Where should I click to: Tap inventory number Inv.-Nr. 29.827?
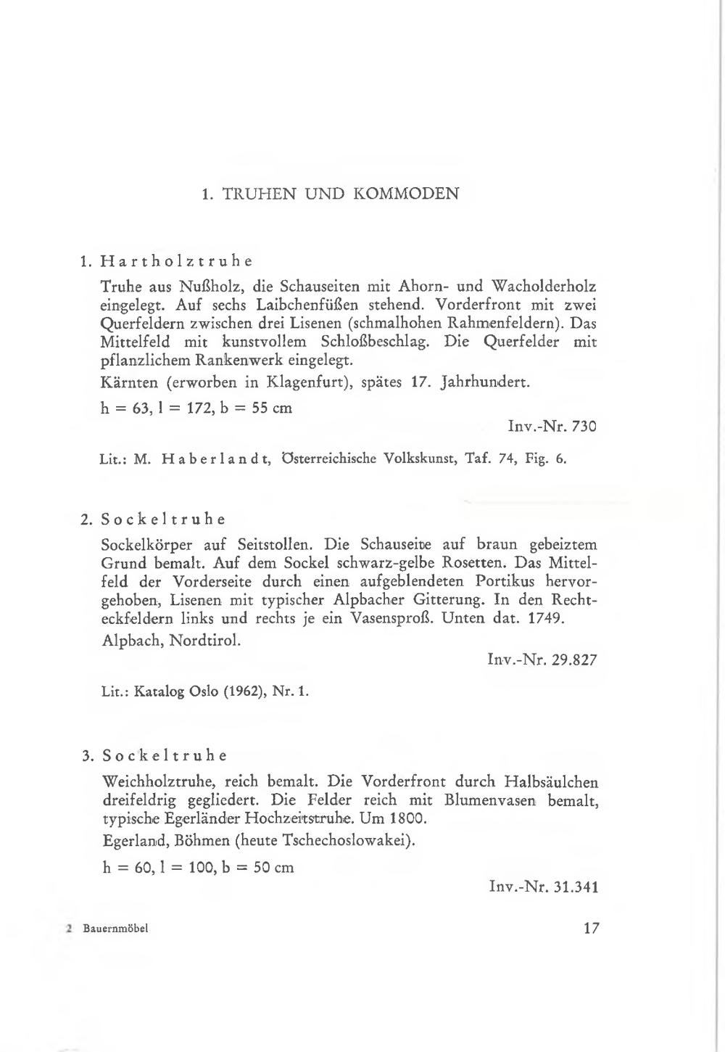point(543,660)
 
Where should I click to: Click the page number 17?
point(591,928)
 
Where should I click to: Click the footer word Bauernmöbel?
point(115,929)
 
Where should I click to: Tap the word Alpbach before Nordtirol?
point(131,641)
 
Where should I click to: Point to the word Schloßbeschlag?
point(374,341)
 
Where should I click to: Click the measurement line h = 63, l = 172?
point(196,408)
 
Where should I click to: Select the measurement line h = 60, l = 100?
point(197,867)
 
